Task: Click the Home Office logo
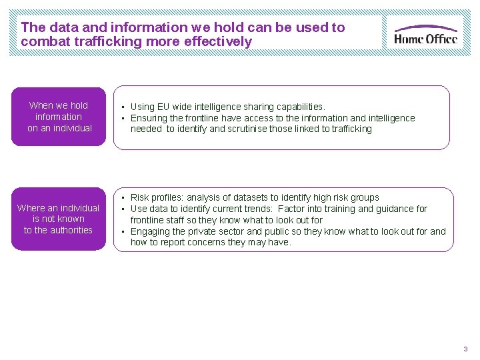click(425, 33)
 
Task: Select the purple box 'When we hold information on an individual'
click(59, 117)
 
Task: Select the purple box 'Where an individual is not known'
click(59, 219)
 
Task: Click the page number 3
click(465, 349)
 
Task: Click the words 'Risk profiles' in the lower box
click(157, 197)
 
